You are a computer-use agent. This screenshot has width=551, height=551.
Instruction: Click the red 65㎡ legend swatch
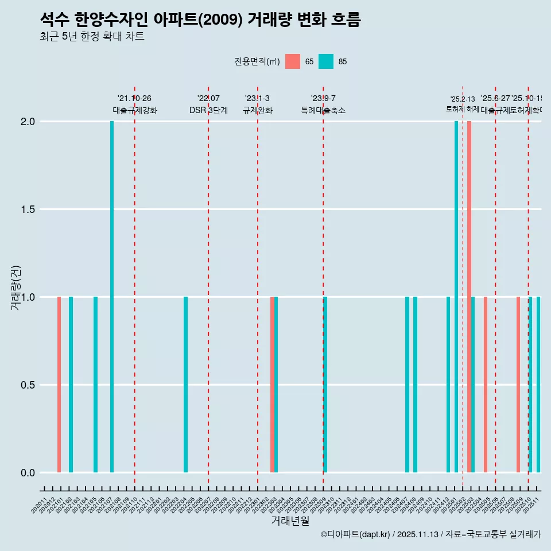293,61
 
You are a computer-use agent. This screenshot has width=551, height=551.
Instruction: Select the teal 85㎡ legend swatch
325,61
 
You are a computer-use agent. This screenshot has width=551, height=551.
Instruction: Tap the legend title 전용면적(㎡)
257,61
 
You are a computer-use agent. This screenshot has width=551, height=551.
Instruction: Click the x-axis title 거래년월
290,521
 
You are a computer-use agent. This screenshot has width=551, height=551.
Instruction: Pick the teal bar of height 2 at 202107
112,297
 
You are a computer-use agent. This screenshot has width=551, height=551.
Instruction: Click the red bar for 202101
59,385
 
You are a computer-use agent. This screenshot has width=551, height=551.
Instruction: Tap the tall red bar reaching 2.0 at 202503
469,297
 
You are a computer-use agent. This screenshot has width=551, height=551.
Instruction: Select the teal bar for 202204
186,385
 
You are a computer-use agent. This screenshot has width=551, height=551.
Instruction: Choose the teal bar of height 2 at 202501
456,297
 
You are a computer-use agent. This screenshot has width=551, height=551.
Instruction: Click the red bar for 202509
518,385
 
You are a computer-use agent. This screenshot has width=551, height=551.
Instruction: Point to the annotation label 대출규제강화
134,110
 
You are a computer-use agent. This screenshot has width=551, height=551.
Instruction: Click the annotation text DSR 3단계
208,110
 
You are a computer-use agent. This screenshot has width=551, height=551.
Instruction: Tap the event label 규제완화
257,110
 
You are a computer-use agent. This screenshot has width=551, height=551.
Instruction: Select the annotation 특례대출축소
323,110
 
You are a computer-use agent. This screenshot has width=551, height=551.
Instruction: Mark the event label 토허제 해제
462,108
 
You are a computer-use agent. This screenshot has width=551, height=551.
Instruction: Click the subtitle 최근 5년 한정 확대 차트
92,36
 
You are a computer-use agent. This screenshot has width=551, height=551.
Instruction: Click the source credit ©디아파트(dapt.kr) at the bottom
355,534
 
